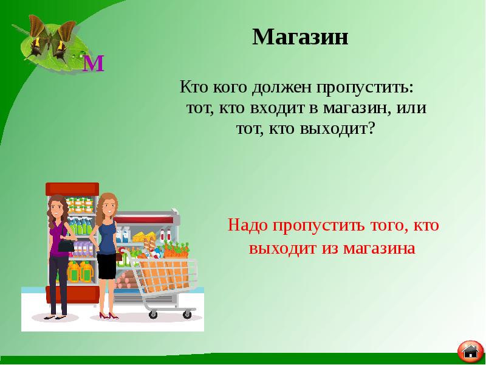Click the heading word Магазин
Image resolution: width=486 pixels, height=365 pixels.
300,37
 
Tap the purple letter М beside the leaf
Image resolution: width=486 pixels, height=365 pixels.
94,63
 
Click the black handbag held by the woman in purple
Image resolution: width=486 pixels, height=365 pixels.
64,248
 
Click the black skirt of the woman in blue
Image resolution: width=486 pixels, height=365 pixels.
106,267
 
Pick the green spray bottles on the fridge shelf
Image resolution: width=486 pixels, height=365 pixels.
80,227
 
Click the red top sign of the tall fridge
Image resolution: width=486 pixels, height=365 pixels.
72,187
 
